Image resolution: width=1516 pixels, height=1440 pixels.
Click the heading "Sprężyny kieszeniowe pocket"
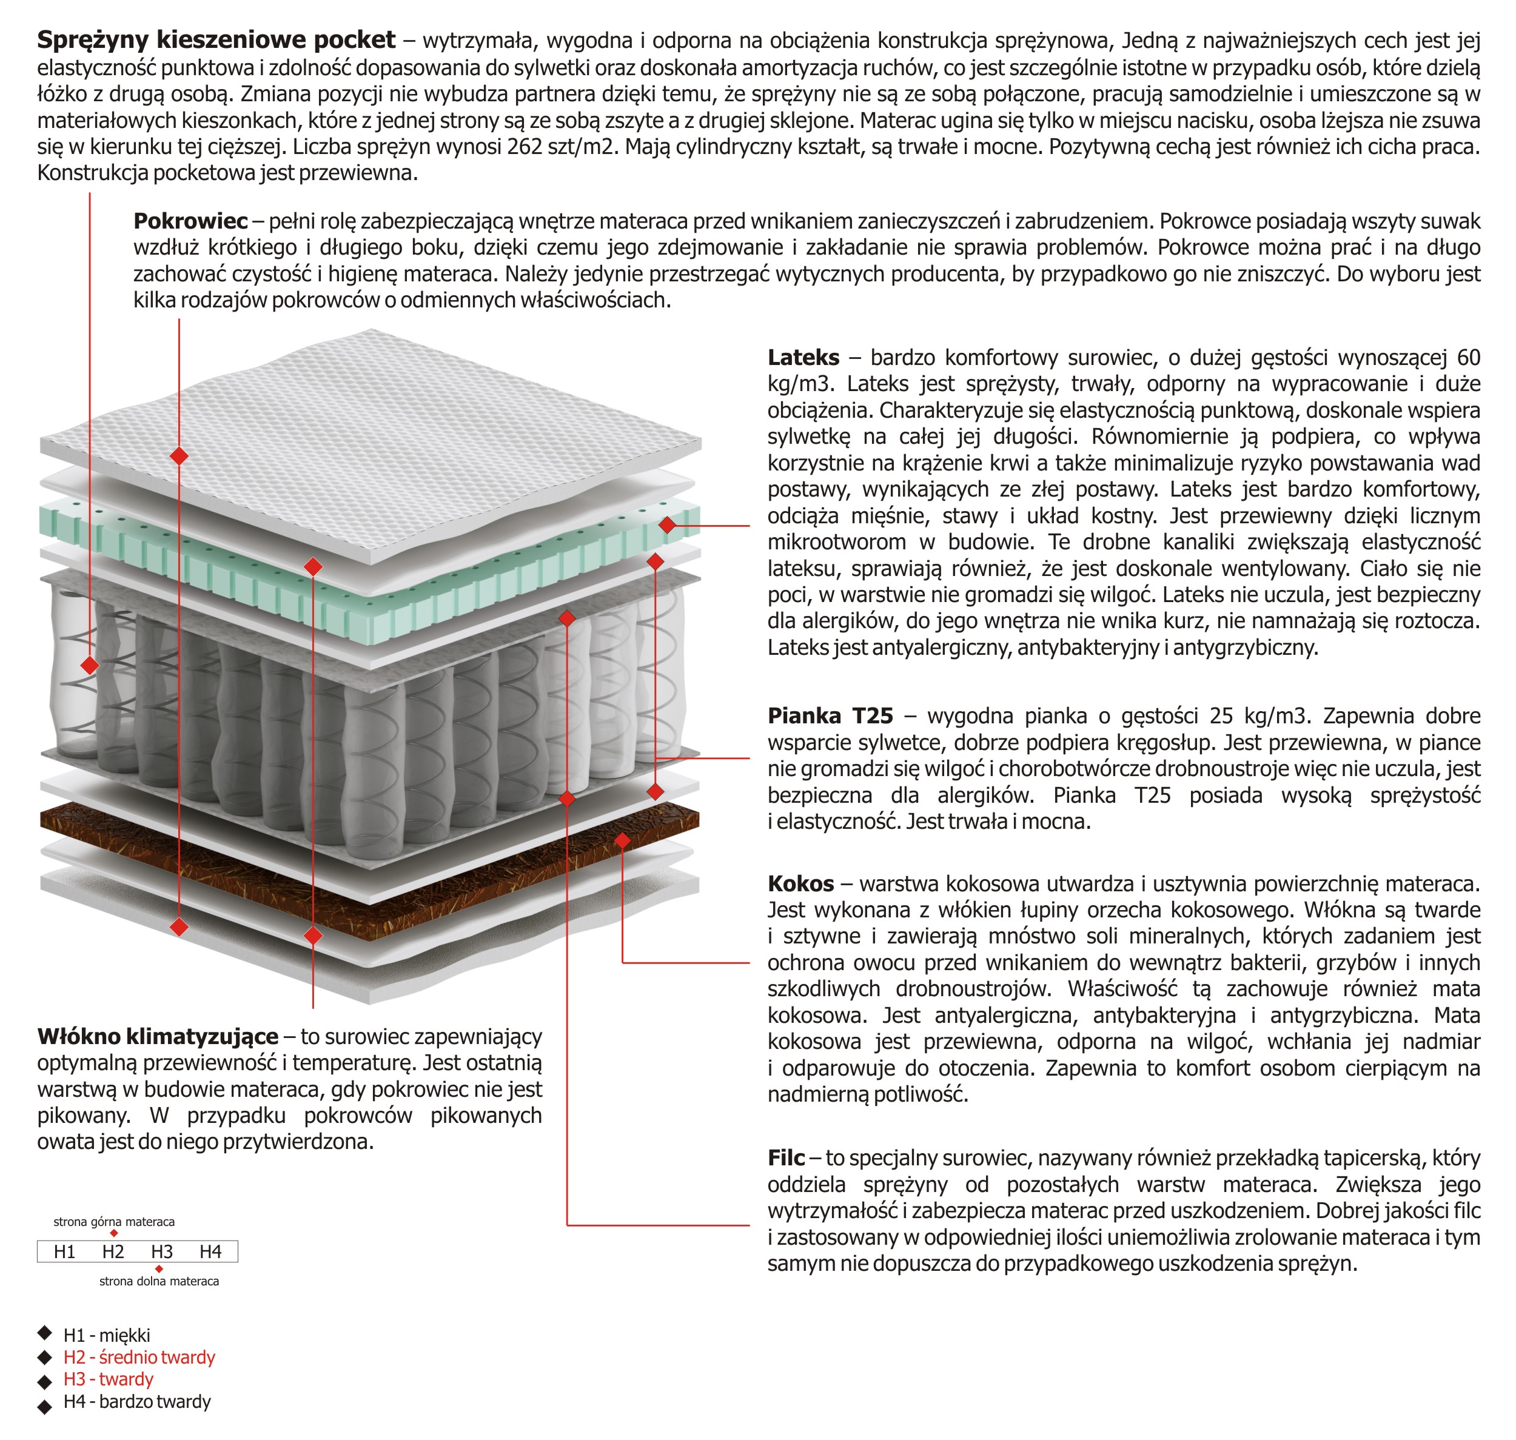tap(216, 40)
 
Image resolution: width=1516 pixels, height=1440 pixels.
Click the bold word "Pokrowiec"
tap(190, 221)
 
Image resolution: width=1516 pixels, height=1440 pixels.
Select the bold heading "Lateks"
tap(803, 357)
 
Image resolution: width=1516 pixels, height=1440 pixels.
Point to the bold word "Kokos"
tap(800, 883)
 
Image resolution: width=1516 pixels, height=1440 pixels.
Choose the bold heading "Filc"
tap(786, 1157)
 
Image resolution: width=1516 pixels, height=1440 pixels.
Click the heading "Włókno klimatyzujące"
tap(157, 1036)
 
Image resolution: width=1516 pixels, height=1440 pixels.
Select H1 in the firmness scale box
tap(64, 1252)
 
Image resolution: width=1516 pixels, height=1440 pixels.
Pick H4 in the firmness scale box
tap(210, 1252)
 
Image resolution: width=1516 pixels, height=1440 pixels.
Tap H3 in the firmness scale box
tap(161, 1252)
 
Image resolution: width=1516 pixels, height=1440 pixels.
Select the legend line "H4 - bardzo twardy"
tap(136, 1402)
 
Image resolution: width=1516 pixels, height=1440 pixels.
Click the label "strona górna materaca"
tap(113, 1221)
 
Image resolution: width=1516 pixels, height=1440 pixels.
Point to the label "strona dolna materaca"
tap(159, 1281)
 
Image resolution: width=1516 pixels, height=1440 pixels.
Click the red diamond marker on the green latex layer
tap(667, 525)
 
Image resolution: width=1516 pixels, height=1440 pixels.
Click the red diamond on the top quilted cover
tap(179, 456)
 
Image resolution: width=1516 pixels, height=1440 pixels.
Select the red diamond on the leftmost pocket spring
tap(90, 665)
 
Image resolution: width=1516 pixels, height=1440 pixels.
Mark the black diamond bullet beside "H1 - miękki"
tap(45, 1333)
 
